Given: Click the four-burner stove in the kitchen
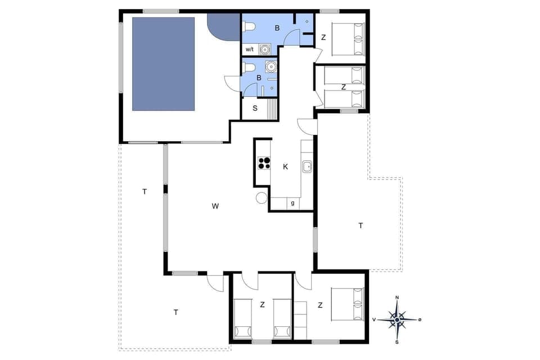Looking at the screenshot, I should coord(263,163).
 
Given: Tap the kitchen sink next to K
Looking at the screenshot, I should coord(307,166).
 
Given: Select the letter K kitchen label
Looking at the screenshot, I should coord(286,166).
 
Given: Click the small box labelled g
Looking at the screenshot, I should coord(293,203).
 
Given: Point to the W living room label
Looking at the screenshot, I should coord(215,206).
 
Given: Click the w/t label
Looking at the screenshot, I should coord(250,49).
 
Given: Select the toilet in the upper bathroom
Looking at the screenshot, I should coord(249,25).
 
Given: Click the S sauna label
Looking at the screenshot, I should coord(255,108).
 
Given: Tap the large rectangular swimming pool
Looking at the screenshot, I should coord(163,64).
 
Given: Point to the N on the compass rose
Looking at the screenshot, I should coord(397,297).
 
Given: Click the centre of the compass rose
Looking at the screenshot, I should coord(397,319).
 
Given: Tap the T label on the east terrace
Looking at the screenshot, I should coord(361,226).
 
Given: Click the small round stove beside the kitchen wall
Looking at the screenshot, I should coord(262,197).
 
